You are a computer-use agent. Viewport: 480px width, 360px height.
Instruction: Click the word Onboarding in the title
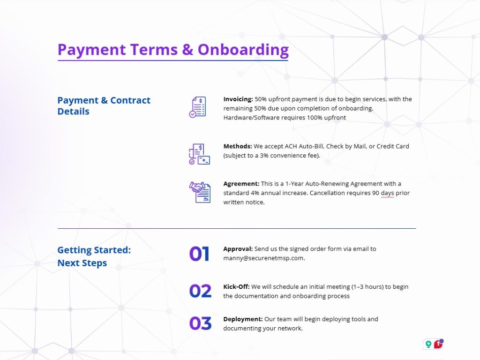[243, 50]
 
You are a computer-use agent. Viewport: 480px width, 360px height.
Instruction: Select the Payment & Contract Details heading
[104, 105]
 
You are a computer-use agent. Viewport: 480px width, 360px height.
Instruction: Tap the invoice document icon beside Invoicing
[198, 107]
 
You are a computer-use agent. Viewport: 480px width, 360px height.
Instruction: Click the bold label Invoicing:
[238, 99]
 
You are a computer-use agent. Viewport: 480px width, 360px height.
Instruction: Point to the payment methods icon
[199, 154]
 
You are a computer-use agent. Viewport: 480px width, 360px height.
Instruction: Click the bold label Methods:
[238, 146]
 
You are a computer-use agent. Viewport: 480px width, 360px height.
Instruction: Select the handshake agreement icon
[200, 192]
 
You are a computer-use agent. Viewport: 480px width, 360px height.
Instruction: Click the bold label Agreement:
[241, 184]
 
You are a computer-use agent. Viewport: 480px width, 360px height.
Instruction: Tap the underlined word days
[387, 193]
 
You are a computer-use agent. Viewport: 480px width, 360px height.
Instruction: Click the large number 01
[199, 254]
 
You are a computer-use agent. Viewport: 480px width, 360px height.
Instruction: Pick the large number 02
[200, 291]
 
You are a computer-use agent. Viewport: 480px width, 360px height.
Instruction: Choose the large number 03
[200, 323]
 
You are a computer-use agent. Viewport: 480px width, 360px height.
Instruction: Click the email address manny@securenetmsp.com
[264, 258]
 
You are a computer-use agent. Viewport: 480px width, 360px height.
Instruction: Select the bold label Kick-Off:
[236, 287]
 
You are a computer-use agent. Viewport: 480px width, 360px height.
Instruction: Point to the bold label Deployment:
[243, 319]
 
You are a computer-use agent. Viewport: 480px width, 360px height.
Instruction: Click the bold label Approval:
[238, 249]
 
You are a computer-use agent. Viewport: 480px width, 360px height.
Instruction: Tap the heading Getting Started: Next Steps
[94, 256]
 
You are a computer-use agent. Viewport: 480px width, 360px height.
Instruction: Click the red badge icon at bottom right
[439, 344]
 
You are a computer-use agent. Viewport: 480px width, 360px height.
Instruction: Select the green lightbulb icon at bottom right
[428, 345]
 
